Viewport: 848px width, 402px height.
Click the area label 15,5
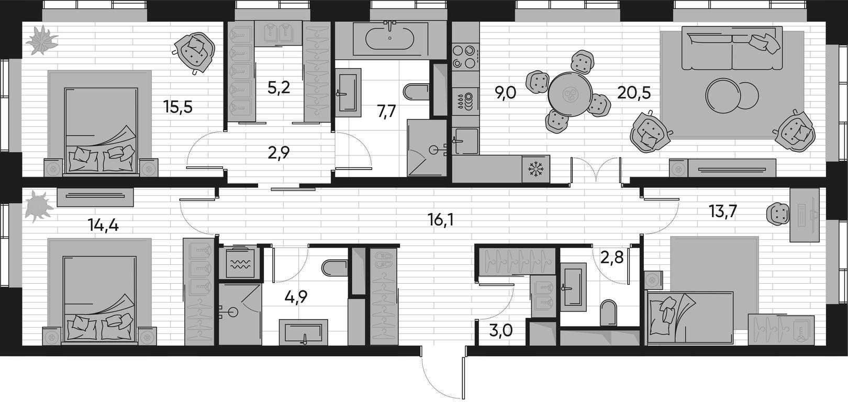tap(178, 107)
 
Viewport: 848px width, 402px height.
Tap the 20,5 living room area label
tap(634, 92)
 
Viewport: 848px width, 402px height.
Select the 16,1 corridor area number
tap(439, 219)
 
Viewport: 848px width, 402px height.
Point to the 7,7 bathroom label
tap(386, 112)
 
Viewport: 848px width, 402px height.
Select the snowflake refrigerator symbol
tap(535, 169)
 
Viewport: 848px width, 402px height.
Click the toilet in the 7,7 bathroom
tap(417, 91)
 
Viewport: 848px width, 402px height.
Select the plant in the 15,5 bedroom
tap(41, 40)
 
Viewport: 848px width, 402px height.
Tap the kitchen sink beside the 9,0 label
tap(465, 141)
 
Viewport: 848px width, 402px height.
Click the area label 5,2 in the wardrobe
tap(278, 88)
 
